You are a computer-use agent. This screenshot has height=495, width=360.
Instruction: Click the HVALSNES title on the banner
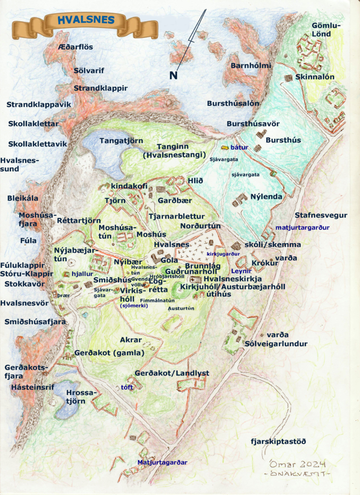(x=86, y=20)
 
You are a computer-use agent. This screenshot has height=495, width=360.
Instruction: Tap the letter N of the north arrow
(x=173, y=75)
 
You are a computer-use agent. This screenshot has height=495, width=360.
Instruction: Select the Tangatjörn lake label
(x=121, y=141)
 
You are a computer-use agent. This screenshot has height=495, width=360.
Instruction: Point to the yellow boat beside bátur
(x=225, y=147)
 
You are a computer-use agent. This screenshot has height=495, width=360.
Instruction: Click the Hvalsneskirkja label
(x=232, y=279)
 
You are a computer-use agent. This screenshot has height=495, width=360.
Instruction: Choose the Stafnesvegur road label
(x=321, y=215)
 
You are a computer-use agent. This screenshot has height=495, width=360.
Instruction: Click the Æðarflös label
(x=75, y=47)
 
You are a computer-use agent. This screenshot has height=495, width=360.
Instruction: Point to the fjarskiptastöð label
(x=278, y=441)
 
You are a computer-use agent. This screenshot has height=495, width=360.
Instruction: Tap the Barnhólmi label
(x=251, y=65)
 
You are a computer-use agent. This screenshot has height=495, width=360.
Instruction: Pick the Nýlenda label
(x=265, y=197)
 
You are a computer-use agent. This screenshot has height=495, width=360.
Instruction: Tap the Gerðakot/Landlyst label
(x=172, y=373)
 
